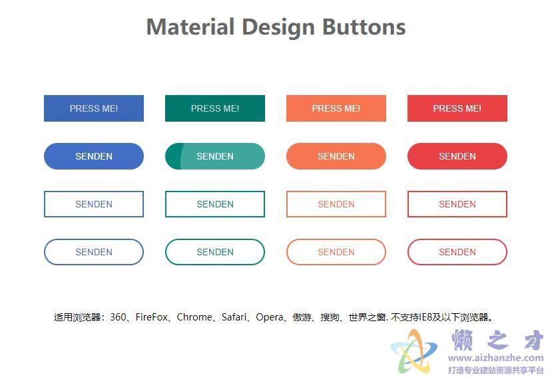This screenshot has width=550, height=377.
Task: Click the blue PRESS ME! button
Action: point(94,108)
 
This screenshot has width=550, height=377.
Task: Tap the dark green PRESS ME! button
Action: point(215,108)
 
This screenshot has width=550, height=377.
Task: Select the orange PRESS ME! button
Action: point(336,108)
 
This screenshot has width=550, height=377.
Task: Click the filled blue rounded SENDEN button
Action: point(94,156)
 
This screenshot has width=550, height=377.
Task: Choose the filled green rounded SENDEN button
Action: point(215,156)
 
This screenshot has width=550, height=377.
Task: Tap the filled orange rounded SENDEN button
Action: point(336,156)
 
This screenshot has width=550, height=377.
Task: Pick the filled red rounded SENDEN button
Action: point(457,156)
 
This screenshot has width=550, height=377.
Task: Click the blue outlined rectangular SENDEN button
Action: point(94,204)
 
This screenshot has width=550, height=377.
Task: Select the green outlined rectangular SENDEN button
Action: point(215,204)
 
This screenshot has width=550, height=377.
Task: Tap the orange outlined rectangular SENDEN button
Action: point(336,204)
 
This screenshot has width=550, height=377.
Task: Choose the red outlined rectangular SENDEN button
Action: point(457,204)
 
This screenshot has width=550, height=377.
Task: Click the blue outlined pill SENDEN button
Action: point(94,252)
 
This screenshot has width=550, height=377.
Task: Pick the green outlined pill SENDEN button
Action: point(215,252)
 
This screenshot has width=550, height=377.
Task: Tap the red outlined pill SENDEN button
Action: point(457,252)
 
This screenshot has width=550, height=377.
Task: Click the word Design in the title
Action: point(278,27)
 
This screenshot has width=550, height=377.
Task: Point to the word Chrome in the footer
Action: point(194,317)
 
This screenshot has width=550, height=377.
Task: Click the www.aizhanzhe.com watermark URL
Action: point(495,358)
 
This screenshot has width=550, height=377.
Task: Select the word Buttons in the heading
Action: point(364,27)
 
